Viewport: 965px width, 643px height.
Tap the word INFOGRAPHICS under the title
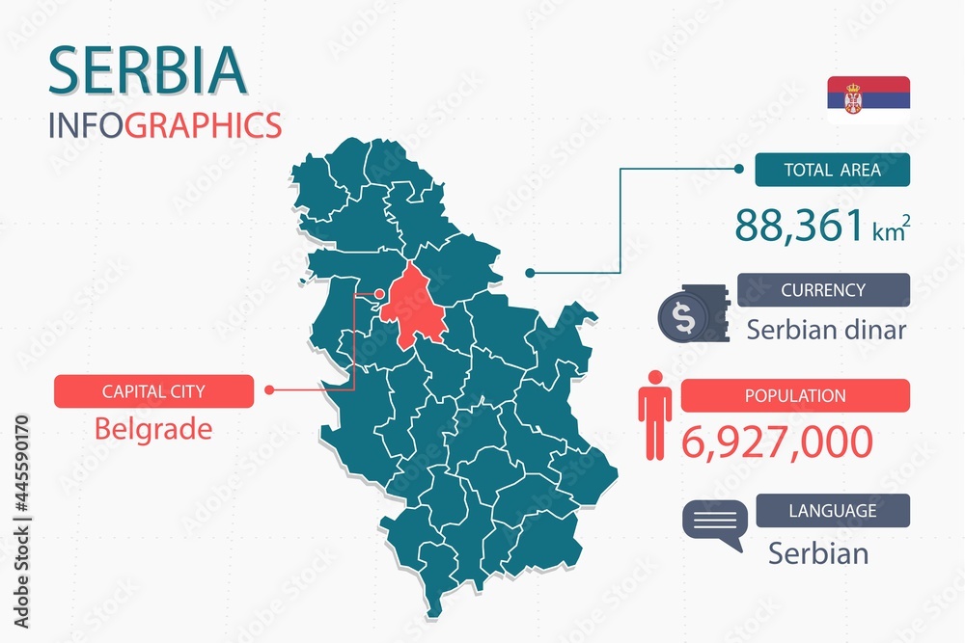click(164, 125)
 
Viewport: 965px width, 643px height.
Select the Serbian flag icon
click(868, 99)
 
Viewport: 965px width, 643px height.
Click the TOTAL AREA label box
click(832, 171)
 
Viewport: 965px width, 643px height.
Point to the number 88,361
click(799, 226)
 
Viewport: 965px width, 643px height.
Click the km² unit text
click(892, 231)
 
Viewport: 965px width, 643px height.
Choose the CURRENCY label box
click(823, 290)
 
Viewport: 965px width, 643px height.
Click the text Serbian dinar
click(826, 330)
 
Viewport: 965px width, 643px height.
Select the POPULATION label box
click(795, 395)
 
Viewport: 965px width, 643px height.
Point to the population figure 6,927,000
click(778, 442)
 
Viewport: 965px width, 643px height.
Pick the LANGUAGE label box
click(833, 511)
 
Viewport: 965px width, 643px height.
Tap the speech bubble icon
click(714, 523)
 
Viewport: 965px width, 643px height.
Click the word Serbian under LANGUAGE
click(818, 553)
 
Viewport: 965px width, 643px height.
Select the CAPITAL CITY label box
click(153, 391)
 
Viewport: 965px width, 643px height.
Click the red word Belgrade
click(153, 428)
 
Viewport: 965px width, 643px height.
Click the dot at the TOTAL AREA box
click(739, 170)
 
